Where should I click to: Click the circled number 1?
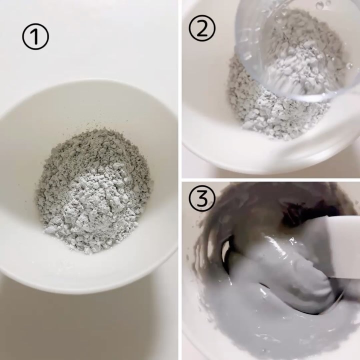tap(35, 36)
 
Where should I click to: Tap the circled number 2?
tap(202, 28)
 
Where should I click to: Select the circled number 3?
tap(202, 197)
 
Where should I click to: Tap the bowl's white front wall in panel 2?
tap(264, 151)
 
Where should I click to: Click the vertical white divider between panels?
tap(180, 180)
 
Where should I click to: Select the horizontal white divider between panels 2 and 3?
tap(271, 179)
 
